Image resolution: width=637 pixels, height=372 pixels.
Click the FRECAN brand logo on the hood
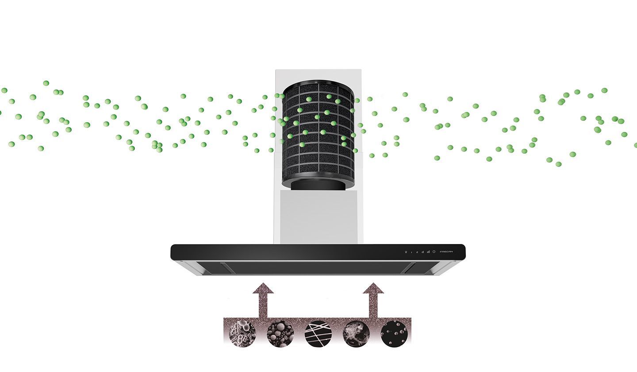point(446,252)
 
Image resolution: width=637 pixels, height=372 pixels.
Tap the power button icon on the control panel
point(434,252)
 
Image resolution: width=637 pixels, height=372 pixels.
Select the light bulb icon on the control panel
point(406,252)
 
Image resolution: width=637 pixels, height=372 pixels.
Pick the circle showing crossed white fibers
point(318,333)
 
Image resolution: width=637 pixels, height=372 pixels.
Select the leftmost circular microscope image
point(242,333)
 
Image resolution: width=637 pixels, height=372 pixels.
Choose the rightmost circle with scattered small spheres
point(394,333)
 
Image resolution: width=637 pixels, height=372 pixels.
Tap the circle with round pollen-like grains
point(280,333)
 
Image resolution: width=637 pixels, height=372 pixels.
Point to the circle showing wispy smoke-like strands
point(356,333)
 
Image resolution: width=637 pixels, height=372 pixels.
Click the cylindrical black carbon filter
point(318,133)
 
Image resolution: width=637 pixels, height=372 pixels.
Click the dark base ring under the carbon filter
point(318,185)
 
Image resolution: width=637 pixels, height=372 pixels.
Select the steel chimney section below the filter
point(318,217)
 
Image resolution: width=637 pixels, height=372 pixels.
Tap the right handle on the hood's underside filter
point(410,267)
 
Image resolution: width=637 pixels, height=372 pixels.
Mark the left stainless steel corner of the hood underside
point(188,267)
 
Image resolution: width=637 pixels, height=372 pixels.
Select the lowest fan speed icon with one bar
point(411,252)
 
